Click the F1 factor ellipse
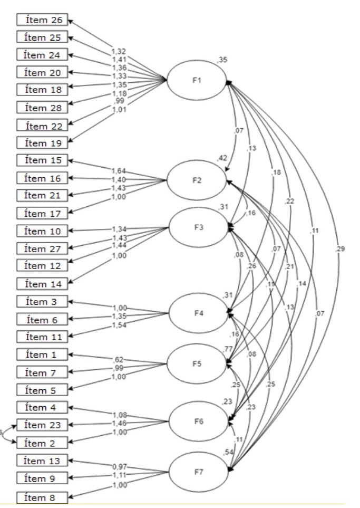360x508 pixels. coord(196,80)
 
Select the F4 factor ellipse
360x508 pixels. coord(196,313)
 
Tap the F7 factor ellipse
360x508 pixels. coord(196,471)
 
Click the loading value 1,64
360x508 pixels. coord(119,171)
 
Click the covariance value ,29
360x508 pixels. coord(340,248)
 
